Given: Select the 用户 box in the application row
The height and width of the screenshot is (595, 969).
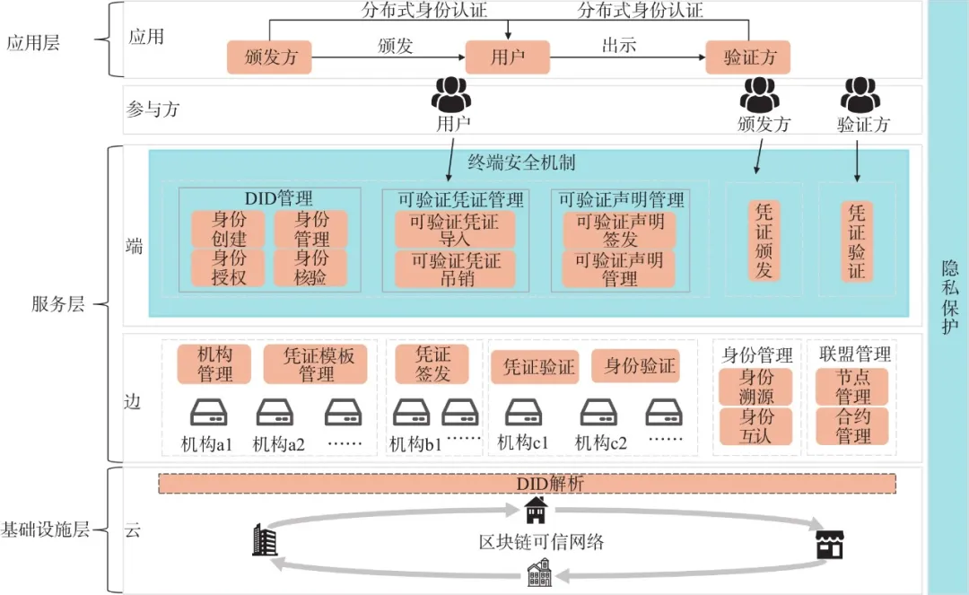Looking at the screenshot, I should coord(507,58).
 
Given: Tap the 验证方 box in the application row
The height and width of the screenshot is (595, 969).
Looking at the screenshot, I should coord(749,58).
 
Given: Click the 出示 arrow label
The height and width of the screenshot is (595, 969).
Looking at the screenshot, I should coord(619,45).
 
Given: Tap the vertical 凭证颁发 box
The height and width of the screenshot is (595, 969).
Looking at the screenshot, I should coord(764,240).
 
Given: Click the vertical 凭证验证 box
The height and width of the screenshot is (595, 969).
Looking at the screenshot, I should coord(857,240).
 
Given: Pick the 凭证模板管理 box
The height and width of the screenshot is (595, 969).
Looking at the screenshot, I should coord(315,363).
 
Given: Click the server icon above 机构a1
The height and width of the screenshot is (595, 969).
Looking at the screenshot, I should coord(209,413).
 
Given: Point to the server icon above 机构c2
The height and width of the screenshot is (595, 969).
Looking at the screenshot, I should coord(598,413).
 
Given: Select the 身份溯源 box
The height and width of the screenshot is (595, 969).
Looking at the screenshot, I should coord(754,386).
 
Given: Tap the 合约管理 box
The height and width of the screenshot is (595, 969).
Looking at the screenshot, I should coord(851,426).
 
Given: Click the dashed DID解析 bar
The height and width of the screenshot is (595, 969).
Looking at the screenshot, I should coord(528,484).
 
